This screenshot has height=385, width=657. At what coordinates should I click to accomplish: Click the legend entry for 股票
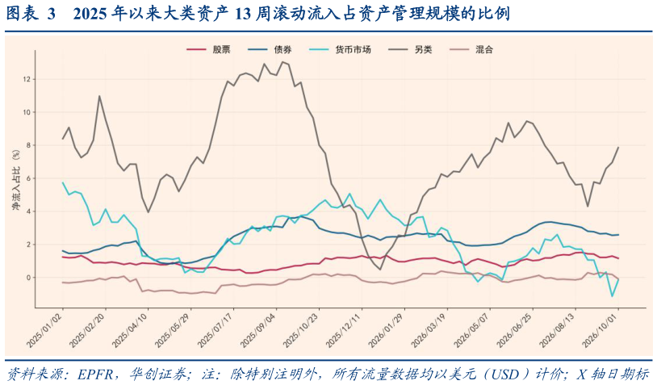click(x=208, y=49)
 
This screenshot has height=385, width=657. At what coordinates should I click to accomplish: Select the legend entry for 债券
click(x=270, y=49)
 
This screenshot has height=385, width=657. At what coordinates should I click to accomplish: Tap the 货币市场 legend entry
click(x=340, y=49)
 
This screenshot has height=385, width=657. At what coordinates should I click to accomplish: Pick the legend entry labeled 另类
click(x=410, y=49)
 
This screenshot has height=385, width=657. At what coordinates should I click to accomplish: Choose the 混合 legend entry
click(x=471, y=49)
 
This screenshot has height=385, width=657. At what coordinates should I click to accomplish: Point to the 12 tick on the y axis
click(x=27, y=79)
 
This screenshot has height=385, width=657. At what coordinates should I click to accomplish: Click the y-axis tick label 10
click(x=27, y=112)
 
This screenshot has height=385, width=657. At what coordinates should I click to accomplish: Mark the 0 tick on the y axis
click(x=29, y=278)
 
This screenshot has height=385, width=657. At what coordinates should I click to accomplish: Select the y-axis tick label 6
click(x=29, y=178)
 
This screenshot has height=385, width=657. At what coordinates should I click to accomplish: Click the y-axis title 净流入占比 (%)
click(x=16, y=180)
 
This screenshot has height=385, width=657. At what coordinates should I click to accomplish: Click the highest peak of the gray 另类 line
click(x=282, y=62)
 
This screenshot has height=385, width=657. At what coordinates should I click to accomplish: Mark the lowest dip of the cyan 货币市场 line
click(x=612, y=296)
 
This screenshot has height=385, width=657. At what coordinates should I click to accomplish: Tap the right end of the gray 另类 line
click(x=618, y=147)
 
